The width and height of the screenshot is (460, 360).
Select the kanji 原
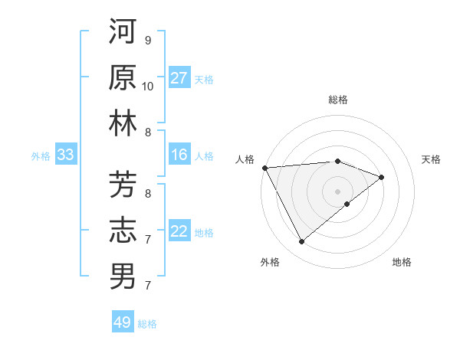pos(123,77)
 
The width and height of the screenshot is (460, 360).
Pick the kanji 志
pos(123,231)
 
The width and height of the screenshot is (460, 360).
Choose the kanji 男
pos(123,277)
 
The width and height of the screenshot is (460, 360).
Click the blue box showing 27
pos(179,78)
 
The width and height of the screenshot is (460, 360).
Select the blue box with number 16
pos(179,155)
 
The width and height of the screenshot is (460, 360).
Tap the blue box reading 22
pos(179,232)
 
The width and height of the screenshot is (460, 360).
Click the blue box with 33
pos(65,155)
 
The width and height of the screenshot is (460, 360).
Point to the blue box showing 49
pos(123,322)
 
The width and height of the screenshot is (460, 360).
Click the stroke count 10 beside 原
pos(148,86)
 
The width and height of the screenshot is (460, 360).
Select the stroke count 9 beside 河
pos(148,40)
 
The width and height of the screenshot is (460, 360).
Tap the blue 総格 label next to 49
pos(148,324)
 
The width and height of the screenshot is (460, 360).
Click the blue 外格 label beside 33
pos(41,156)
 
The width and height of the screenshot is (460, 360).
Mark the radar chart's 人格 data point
pos(264,168)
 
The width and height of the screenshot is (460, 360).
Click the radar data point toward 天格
pos(381,177)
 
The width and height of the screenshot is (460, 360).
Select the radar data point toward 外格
pos(301,242)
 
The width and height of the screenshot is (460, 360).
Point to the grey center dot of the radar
pos(337,191)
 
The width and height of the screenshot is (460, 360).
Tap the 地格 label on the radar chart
pos(402,262)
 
